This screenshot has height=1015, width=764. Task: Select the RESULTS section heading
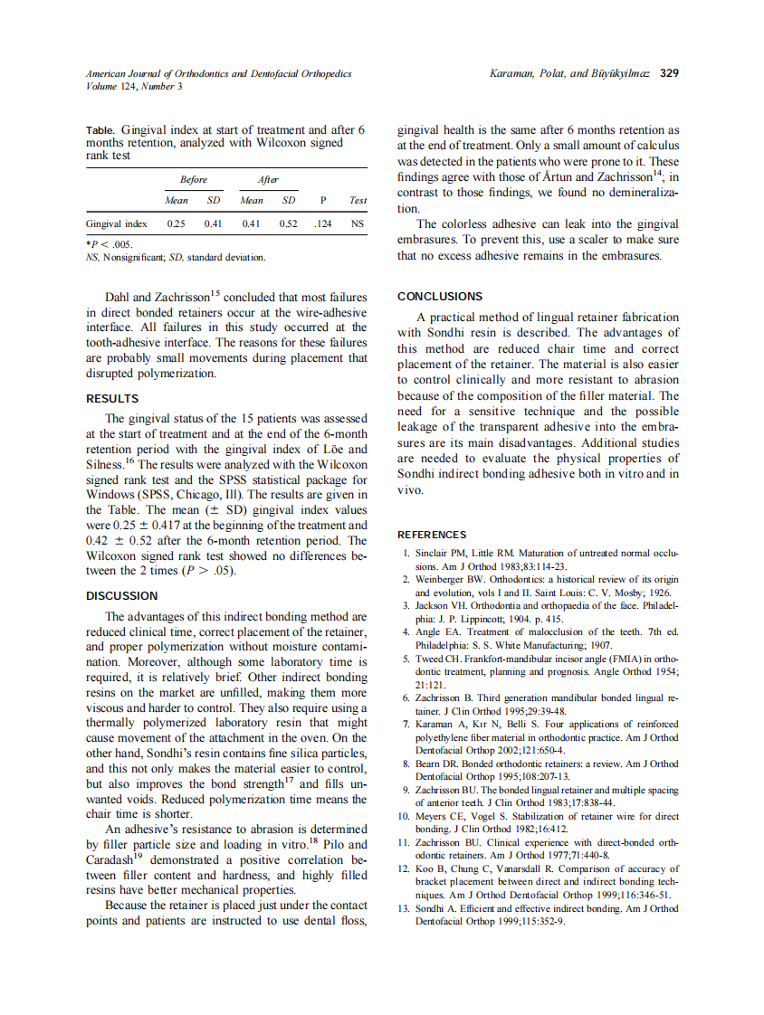112,398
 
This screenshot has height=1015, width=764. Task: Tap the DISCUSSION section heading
121,595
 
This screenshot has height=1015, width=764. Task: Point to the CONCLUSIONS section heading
440,296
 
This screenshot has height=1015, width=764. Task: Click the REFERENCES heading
432,535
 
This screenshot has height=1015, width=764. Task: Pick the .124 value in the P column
322,223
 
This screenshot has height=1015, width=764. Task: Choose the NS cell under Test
358,223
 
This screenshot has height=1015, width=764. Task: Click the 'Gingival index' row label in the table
117,223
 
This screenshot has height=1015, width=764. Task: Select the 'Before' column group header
194,180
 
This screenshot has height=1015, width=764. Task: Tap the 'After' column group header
268,180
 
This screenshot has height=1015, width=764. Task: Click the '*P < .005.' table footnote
109,244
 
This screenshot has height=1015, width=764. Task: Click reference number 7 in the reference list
407,725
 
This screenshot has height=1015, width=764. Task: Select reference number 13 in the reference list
406,908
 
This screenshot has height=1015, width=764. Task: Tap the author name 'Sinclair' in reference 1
433,553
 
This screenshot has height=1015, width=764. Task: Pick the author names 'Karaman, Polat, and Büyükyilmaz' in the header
569,73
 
